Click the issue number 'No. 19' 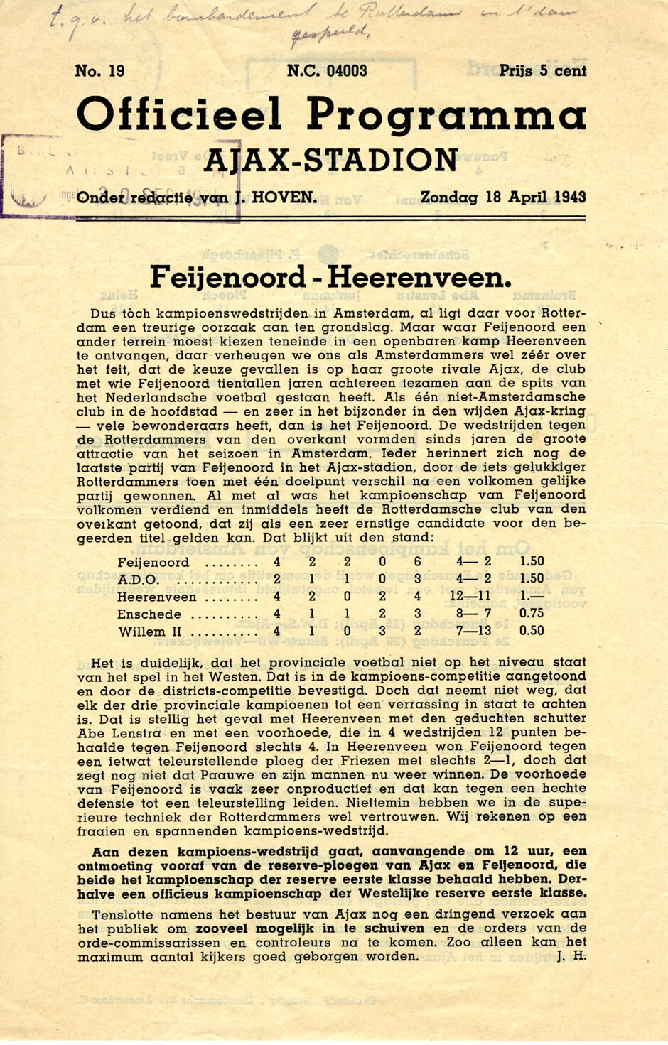pos(99,71)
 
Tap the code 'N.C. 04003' pos(327,71)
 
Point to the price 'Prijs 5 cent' pos(542,71)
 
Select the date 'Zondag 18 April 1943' pos(503,197)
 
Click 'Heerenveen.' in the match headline pos(419,278)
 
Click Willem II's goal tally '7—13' pos(471,632)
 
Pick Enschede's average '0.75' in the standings pos(532,614)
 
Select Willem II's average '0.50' pos(532,631)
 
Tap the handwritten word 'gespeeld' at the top pos(332,32)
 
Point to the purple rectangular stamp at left pos(43,174)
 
